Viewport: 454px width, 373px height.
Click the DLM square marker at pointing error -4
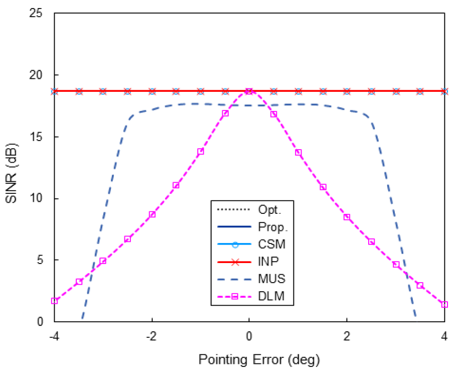click(55, 301)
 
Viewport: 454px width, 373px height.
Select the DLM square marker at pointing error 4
click(444, 305)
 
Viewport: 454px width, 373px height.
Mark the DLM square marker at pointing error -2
click(152, 214)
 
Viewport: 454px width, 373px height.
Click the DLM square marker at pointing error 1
click(298, 153)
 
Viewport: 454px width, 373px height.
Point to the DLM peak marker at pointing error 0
click(249, 91)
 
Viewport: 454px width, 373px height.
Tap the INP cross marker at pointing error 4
click(444, 91)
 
